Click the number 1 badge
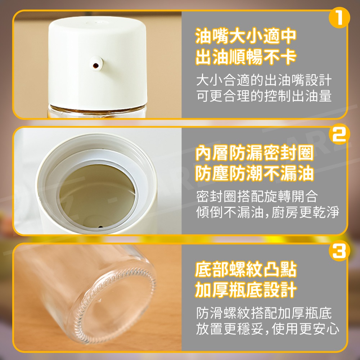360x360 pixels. (339, 18)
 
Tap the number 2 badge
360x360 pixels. (339, 134)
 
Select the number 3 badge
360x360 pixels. (339, 251)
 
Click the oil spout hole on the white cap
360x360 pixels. (96, 66)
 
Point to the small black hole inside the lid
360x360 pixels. (100, 227)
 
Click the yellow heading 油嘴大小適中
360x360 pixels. (246, 36)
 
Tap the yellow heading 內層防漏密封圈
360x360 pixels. (255, 153)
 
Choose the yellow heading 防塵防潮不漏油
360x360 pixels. (255, 173)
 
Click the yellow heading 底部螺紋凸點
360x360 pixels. (246, 269)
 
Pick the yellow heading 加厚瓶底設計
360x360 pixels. (246, 289)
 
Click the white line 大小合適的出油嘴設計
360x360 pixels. (264, 80)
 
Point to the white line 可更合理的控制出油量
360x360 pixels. (264, 96)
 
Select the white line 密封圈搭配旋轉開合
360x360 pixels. (257, 197)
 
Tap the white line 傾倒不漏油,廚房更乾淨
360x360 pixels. (267, 212)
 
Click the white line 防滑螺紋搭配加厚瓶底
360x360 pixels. (264, 313)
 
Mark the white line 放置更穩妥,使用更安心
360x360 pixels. (267, 329)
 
